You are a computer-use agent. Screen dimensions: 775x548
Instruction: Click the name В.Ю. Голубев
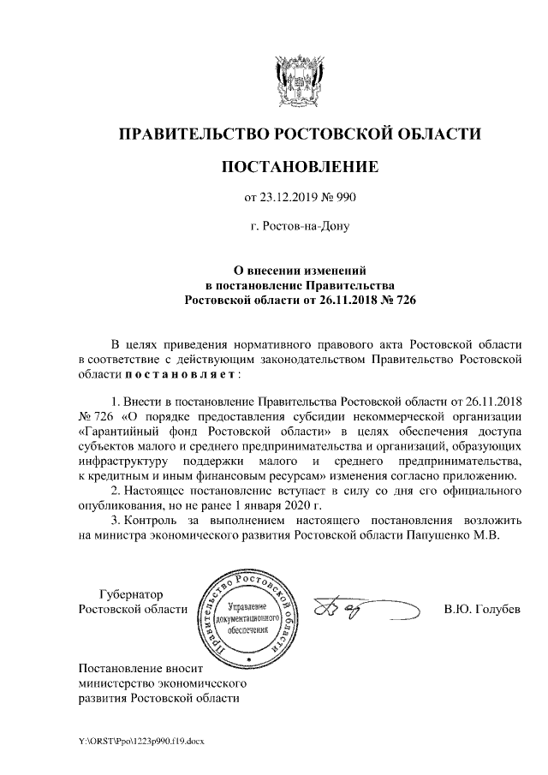click(482, 609)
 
